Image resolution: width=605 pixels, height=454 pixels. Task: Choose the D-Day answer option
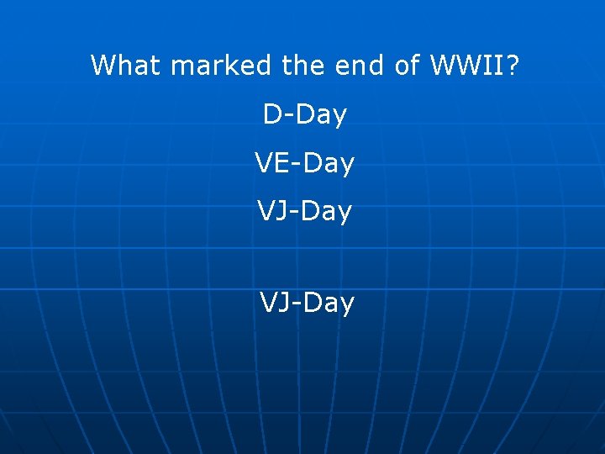pos(304,115)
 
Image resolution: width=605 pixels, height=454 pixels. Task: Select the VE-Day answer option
pos(304,164)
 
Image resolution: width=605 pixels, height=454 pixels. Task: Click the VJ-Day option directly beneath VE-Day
pos(304,212)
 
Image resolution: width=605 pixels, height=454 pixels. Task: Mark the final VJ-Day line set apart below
pos(307,303)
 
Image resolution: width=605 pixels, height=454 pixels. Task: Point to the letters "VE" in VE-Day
pos(270,164)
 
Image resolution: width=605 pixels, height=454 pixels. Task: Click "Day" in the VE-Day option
pos(329,164)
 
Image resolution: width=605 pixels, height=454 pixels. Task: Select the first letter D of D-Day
pos(272,115)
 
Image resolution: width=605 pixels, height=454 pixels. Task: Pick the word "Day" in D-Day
pos(320,115)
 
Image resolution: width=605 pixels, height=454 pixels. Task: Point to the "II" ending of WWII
pos(495,65)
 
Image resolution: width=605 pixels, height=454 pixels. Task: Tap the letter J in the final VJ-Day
pos(287,303)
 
